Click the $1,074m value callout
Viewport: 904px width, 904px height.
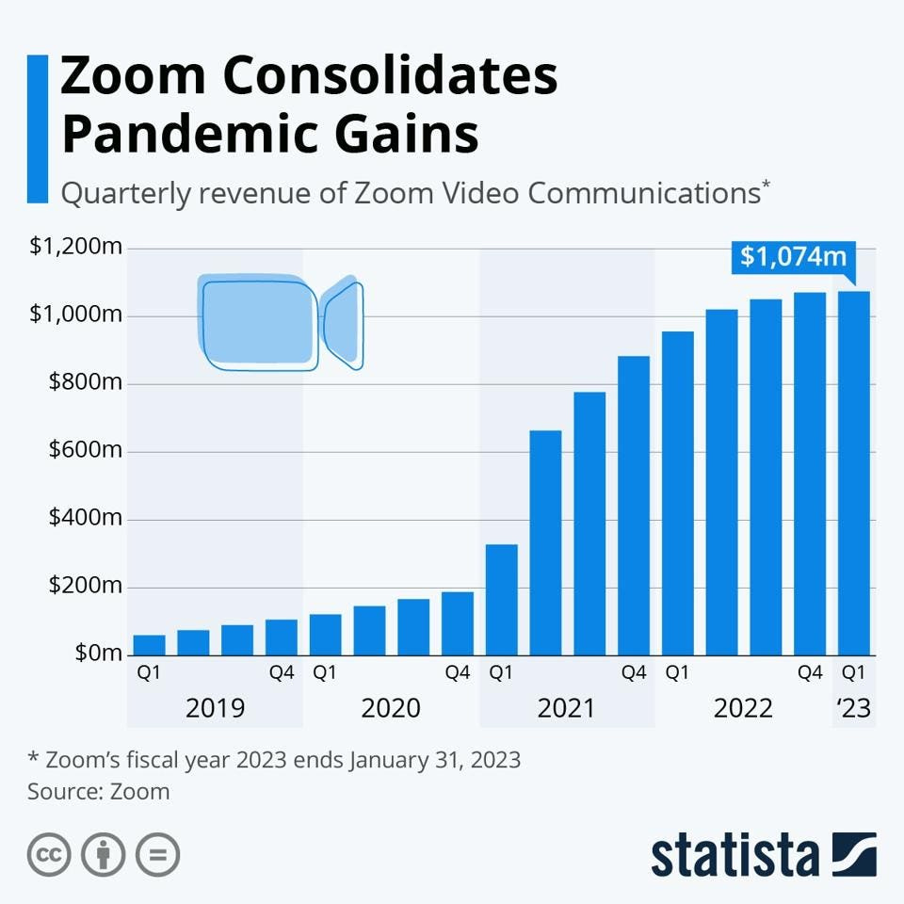click(793, 256)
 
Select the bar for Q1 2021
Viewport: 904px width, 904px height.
click(501, 599)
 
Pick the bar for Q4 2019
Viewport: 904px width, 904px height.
click(281, 637)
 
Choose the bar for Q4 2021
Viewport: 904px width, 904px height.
click(633, 505)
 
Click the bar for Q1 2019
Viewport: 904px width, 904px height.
click(149, 644)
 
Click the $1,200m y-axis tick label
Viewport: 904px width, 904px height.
click(76, 248)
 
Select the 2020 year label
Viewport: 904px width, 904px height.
click(391, 708)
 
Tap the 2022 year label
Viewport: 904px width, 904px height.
click(743, 708)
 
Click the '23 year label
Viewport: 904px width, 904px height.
click(854, 708)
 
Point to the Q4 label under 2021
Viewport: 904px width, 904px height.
click(633, 673)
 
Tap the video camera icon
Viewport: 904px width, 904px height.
click(280, 322)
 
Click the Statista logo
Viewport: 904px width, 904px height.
click(763, 855)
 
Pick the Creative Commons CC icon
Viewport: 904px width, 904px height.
click(50, 855)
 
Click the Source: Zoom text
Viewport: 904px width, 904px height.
click(99, 791)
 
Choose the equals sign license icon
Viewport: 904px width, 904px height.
click(157, 855)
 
